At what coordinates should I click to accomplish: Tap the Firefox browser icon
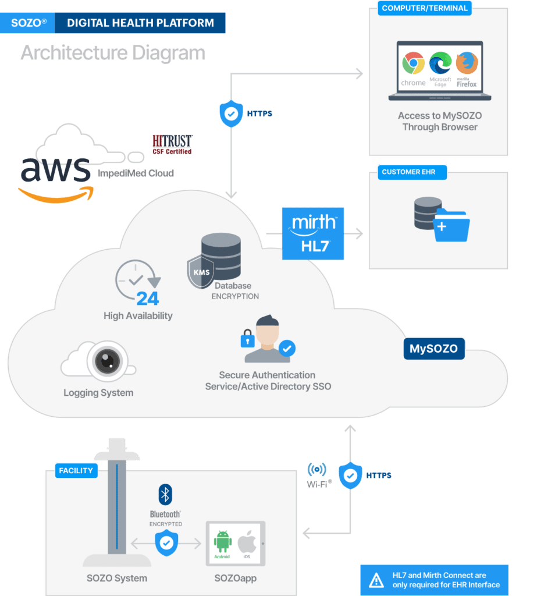tap(467, 63)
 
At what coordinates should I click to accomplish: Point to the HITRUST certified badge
tap(172, 144)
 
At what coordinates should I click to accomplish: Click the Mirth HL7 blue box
tap(313, 233)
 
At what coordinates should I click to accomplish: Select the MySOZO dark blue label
tap(433, 349)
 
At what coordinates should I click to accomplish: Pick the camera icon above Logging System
tap(106, 362)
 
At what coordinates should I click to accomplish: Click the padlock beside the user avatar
tap(248, 338)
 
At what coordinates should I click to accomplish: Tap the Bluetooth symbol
tap(165, 495)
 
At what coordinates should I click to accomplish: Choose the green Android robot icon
tap(222, 541)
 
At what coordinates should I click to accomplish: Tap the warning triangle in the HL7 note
tap(376, 580)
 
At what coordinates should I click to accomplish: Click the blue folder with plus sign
tap(451, 225)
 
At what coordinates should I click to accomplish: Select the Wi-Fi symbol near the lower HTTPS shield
tap(317, 470)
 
